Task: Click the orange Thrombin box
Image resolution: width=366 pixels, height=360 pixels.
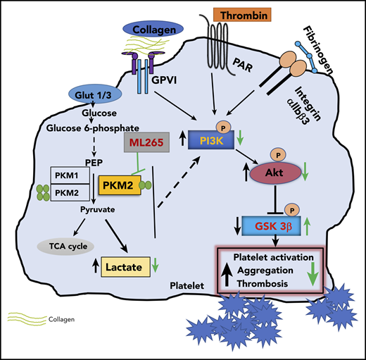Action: tap(238, 13)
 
